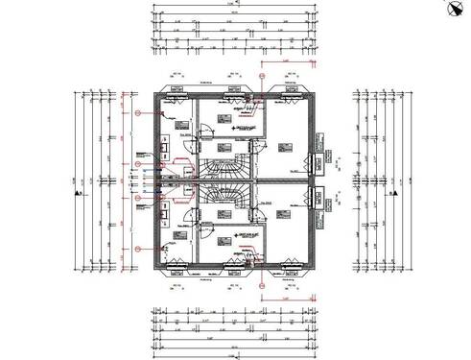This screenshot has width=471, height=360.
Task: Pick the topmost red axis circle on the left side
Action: pyautogui.click(x=140, y=111)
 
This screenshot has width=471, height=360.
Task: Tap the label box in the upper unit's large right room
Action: pyautogui.click(x=285, y=147)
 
